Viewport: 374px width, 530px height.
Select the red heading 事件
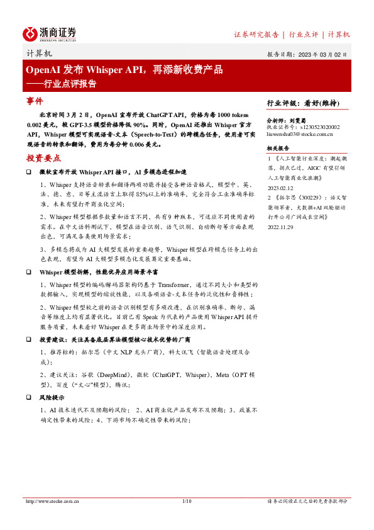(35, 101)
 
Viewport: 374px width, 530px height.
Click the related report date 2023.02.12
(281, 188)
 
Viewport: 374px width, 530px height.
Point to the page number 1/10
(186, 501)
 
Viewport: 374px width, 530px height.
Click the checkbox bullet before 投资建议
(29, 339)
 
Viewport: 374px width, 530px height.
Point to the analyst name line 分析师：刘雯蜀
(286, 119)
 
